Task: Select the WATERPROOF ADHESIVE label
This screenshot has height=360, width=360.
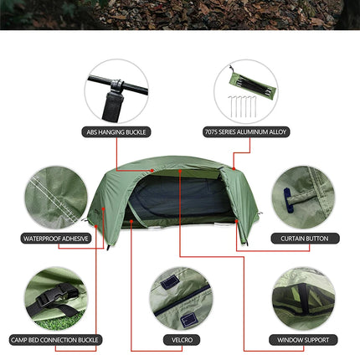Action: tap(55, 238)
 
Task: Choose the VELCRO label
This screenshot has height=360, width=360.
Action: tap(181, 340)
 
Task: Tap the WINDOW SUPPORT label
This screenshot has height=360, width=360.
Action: tap(303, 340)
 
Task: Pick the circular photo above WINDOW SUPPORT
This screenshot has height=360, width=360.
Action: tap(303, 297)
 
